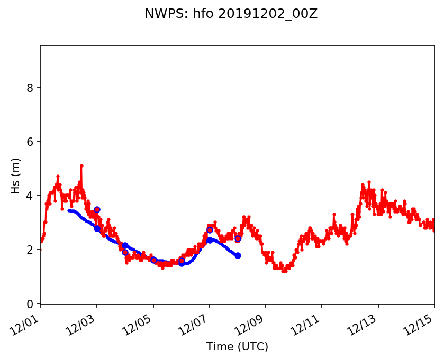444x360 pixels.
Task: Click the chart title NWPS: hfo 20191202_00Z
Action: point(231,14)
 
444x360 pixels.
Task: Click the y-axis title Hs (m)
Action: point(15,176)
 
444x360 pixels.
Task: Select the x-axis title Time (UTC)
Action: point(237,347)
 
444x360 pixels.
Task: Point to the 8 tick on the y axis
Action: point(31,87)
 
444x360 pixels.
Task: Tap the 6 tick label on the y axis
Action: point(31,142)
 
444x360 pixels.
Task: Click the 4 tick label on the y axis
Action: point(31,196)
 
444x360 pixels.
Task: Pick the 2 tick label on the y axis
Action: point(31,250)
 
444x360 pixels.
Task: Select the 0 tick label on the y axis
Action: point(31,304)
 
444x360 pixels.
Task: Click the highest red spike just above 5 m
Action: point(81,165)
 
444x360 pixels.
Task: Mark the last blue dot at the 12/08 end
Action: point(238,255)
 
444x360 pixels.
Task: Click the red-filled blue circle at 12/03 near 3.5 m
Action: point(97,210)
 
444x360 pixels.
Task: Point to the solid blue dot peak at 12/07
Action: point(210,240)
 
